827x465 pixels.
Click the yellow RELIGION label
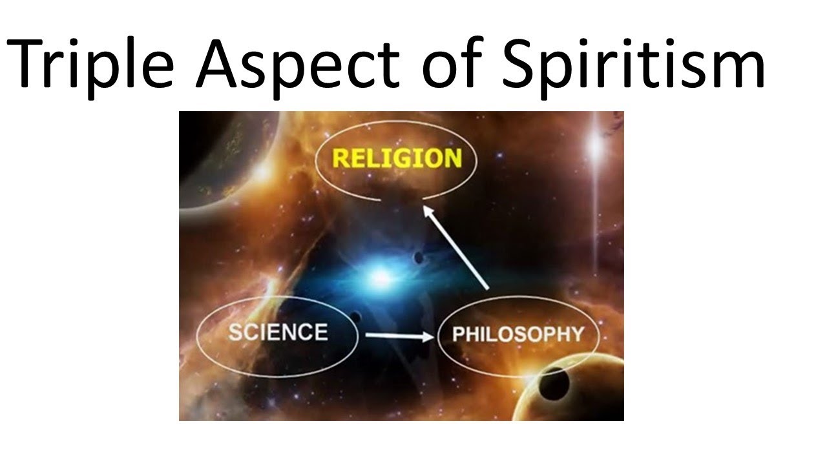point(397,158)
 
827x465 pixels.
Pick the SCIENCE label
point(278,332)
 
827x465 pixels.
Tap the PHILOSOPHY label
point(518,335)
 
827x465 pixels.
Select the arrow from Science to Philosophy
point(398,336)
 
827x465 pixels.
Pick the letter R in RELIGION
point(341,158)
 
